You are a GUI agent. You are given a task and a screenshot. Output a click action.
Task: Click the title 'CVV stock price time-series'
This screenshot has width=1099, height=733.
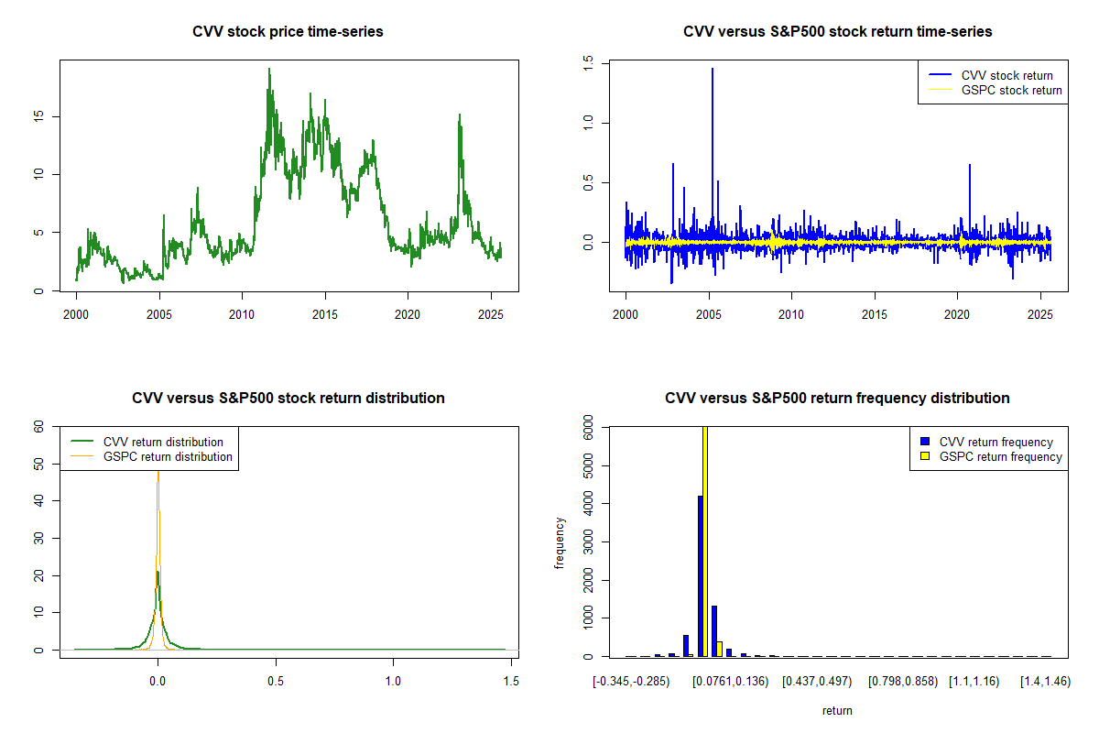288,31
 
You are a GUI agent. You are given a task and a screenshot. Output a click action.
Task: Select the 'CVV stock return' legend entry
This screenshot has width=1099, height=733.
991,75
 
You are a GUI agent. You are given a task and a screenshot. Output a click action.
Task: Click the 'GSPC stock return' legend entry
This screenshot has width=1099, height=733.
995,90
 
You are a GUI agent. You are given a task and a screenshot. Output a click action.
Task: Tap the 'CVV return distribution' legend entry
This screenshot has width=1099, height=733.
147,442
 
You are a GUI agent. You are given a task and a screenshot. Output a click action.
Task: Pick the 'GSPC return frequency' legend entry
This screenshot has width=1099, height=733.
991,456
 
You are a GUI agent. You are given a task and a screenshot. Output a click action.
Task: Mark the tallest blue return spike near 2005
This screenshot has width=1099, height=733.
713,69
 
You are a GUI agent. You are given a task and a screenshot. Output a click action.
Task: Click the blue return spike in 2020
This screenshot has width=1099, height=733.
970,165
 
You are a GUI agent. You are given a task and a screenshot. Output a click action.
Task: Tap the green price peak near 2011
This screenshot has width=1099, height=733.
269,70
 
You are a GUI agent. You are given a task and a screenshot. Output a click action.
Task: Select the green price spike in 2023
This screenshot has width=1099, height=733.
460,115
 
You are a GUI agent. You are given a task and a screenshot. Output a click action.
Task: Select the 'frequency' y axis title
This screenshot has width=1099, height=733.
559,542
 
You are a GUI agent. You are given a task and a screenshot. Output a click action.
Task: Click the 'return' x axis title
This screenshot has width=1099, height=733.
837,710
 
